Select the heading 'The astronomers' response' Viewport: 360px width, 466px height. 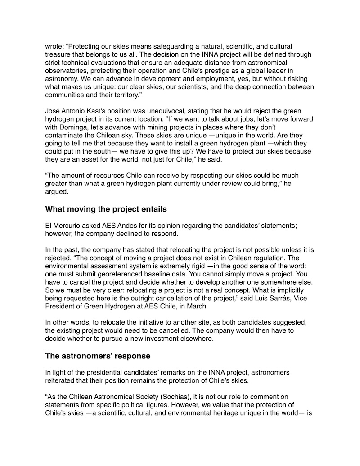tap(98, 356)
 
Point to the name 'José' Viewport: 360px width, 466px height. tap(53, 111)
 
